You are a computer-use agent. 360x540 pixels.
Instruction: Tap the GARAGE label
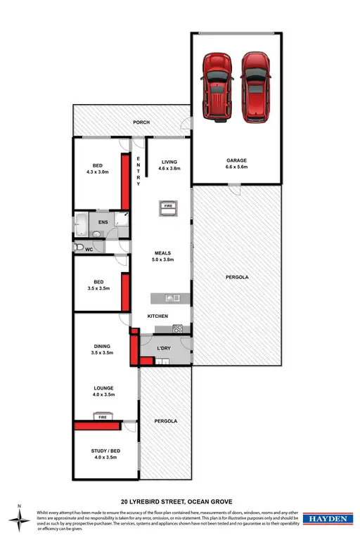[236, 160]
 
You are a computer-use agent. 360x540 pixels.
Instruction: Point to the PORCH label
[143, 123]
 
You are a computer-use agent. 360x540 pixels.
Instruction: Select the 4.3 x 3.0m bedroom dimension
[97, 172]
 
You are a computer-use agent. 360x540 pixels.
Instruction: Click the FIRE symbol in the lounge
[103, 416]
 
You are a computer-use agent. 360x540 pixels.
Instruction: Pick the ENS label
[103, 222]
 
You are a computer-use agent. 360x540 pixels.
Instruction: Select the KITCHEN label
[157, 316]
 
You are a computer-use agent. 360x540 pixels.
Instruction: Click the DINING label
[103, 346]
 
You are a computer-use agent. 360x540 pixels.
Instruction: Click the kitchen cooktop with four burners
[178, 328]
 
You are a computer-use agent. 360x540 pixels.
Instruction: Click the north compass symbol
[21, 519]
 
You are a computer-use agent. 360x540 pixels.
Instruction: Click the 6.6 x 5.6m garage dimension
[236, 167]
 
